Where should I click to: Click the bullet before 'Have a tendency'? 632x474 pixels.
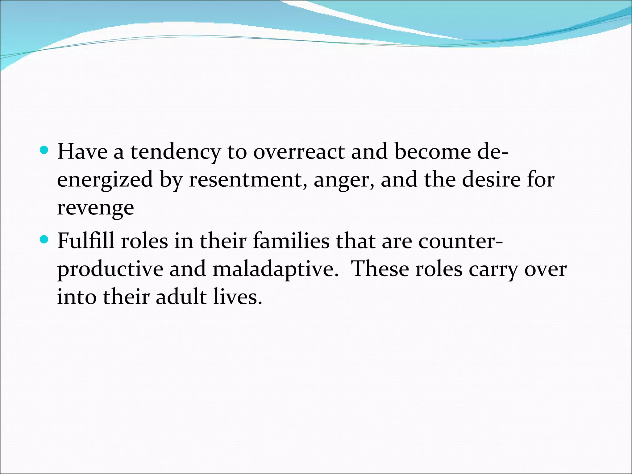44,150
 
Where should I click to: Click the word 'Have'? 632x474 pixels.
82,152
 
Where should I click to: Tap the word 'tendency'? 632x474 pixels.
175,152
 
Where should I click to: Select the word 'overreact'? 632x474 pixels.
299,152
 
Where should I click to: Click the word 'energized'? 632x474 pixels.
105,180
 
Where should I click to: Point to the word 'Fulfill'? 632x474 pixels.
86,241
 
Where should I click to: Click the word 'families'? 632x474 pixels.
291,241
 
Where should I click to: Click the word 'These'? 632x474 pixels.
380,269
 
